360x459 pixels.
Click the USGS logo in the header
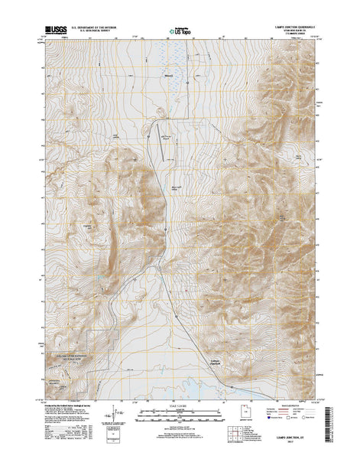(57, 30)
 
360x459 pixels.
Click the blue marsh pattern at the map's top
(174, 65)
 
